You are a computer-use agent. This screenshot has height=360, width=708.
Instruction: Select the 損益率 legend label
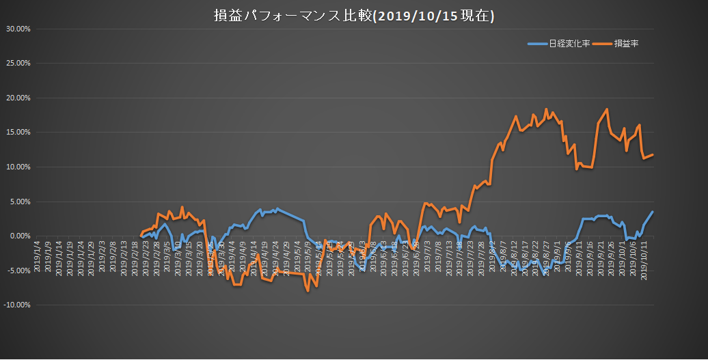[x=626, y=44]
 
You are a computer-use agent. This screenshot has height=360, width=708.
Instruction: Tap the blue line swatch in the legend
[x=537, y=44]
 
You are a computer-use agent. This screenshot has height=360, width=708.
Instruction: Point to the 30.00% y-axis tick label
[x=18, y=29]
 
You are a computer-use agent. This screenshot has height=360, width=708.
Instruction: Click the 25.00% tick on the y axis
[x=18, y=63]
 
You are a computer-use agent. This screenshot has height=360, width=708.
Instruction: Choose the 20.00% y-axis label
[x=18, y=98]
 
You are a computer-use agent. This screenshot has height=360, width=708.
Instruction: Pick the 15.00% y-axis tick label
[x=18, y=132]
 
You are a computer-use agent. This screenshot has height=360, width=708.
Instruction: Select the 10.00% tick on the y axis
[x=18, y=167]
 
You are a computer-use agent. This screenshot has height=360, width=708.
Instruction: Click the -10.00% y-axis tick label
[x=16, y=305]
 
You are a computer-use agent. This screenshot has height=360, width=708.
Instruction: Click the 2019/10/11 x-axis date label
[x=644, y=258]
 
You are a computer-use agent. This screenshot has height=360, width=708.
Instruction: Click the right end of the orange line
[x=653, y=155]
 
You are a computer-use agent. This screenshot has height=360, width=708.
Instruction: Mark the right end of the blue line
[x=653, y=212]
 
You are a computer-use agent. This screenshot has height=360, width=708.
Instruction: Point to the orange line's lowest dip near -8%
[x=308, y=291]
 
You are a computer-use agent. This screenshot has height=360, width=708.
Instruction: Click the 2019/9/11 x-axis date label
[x=579, y=257]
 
